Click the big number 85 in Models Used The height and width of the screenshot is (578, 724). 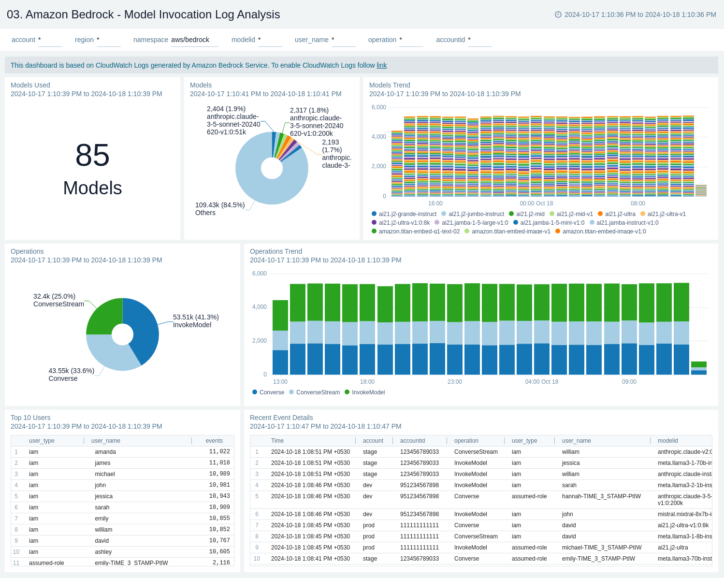point(92,156)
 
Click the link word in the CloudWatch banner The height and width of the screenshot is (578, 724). point(382,65)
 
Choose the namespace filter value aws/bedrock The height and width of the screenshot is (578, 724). point(190,40)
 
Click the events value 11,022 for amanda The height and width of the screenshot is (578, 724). point(219,451)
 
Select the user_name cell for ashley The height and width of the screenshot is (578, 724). point(103,551)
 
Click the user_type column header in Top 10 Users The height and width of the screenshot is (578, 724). point(42,441)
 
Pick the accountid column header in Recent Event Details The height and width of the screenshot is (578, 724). point(412,441)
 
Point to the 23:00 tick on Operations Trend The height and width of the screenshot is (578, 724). point(454,382)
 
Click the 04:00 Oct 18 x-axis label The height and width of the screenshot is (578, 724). point(541,382)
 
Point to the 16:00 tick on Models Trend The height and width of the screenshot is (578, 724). point(435,203)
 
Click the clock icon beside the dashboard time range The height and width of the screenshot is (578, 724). point(558,14)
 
